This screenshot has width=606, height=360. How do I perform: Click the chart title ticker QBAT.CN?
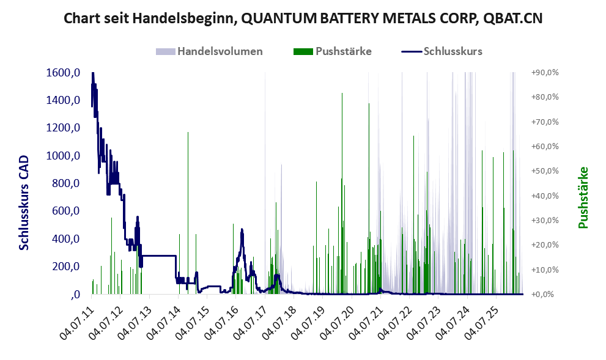[513, 18]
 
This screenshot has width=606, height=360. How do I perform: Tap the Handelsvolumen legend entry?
[209, 51]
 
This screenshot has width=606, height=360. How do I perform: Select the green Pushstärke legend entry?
[333, 51]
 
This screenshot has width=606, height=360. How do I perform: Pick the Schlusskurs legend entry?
[442, 51]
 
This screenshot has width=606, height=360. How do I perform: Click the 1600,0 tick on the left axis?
[63, 73]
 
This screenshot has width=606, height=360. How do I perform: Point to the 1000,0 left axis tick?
[63, 156]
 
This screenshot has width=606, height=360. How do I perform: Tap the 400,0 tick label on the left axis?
[65, 239]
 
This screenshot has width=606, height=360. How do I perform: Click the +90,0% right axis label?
[545, 73]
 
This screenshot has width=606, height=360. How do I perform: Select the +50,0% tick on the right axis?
[545, 171]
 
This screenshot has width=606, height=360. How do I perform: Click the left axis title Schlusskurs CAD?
[24, 203]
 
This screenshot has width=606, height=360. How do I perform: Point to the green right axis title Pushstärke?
[583, 197]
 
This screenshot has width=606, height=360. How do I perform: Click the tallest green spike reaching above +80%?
[342, 193]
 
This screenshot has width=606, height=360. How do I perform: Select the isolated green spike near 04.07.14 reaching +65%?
[188, 213]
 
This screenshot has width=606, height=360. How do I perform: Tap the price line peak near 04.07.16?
[242, 229]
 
